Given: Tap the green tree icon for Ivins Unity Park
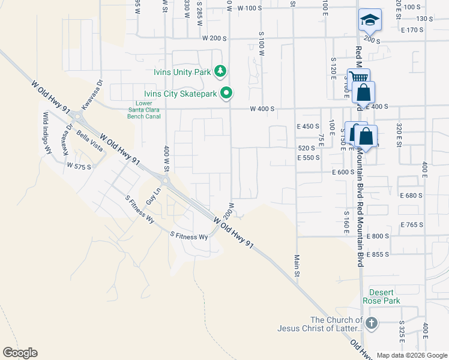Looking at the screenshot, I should click(x=221, y=72).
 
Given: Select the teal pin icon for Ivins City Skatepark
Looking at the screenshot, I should click(x=226, y=93).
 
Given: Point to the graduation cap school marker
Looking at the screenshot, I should click(x=370, y=22).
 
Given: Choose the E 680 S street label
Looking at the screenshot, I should click(x=412, y=196).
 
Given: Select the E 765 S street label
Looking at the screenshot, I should click(x=412, y=224).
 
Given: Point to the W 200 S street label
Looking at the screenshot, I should click(x=214, y=38).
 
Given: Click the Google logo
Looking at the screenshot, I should click(x=20, y=353).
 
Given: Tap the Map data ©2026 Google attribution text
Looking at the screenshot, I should click(x=411, y=355).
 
